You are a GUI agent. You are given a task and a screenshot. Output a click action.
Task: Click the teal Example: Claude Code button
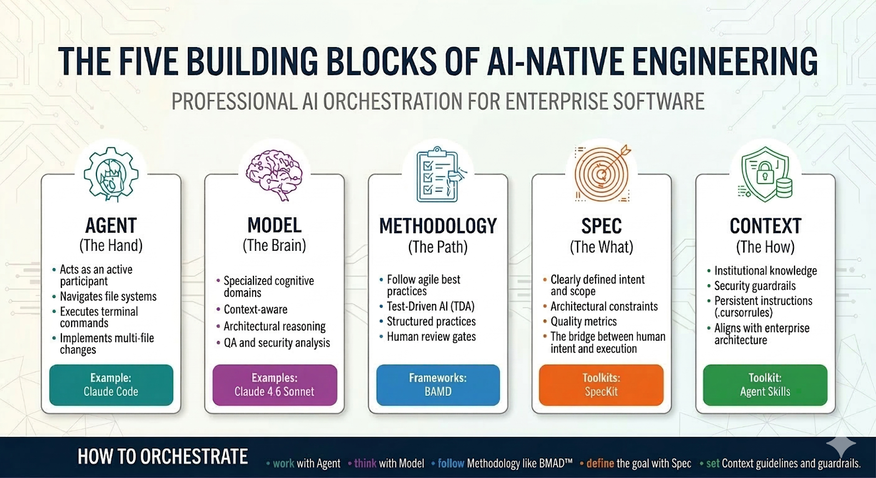pos(111,385)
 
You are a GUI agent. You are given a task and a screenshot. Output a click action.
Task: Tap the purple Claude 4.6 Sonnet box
pos(274,385)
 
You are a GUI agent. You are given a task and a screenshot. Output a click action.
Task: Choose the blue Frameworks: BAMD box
pos(438,385)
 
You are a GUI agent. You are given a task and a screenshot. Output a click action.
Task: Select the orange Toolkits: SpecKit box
pos(601,385)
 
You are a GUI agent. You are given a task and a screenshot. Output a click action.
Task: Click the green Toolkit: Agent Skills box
pos(765,385)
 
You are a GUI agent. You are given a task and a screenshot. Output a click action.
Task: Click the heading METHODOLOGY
pos(438,226)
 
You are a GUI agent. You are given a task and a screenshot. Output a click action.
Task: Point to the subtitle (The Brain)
pos(274,245)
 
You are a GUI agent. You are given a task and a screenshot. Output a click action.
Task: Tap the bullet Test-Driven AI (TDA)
pos(430,307)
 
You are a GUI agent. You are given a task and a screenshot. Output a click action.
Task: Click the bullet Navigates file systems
pos(108,297)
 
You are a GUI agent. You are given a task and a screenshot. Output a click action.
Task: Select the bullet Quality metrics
pos(583,322)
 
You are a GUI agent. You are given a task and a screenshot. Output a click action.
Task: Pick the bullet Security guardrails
pos(754,286)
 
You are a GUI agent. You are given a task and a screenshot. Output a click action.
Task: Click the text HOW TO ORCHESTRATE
pos(163,457)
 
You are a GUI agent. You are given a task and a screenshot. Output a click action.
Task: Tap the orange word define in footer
pos(600,464)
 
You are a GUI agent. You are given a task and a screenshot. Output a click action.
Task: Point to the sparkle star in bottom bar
pos(842,447)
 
